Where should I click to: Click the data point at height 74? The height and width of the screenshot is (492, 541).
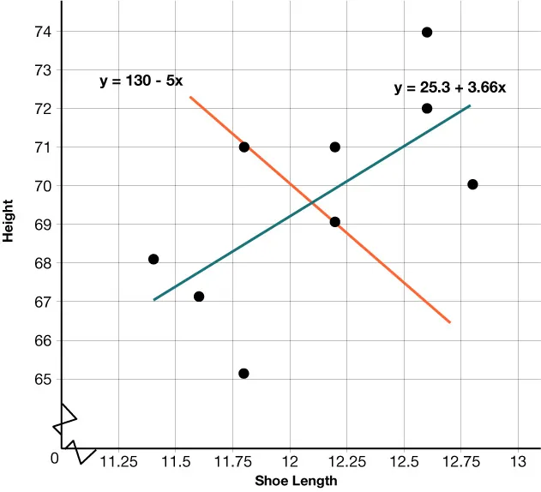pos(427,33)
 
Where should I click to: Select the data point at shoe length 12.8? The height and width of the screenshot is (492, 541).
pos(472,184)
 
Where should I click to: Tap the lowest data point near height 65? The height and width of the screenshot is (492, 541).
pos(243,373)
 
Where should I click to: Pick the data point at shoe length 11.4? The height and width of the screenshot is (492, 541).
pos(153,259)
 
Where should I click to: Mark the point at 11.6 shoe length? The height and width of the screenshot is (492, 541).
pos(199,297)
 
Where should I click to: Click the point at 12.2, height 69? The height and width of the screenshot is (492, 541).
pos(334,222)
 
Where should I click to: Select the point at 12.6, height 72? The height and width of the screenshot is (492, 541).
pos(427,108)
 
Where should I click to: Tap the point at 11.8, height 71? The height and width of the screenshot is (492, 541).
pos(244,147)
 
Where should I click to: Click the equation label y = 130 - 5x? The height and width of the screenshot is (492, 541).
pos(141,82)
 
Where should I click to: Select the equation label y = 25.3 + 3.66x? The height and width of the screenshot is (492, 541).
pos(450,87)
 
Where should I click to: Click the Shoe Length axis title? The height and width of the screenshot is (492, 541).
pos(296,482)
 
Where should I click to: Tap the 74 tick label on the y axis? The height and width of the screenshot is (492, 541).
pos(42,32)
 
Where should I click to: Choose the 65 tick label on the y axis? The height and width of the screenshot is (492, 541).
pos(42,379)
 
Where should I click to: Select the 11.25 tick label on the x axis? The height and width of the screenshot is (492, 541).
pos(118,462)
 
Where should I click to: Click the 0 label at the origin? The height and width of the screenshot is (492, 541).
pos(54,458)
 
